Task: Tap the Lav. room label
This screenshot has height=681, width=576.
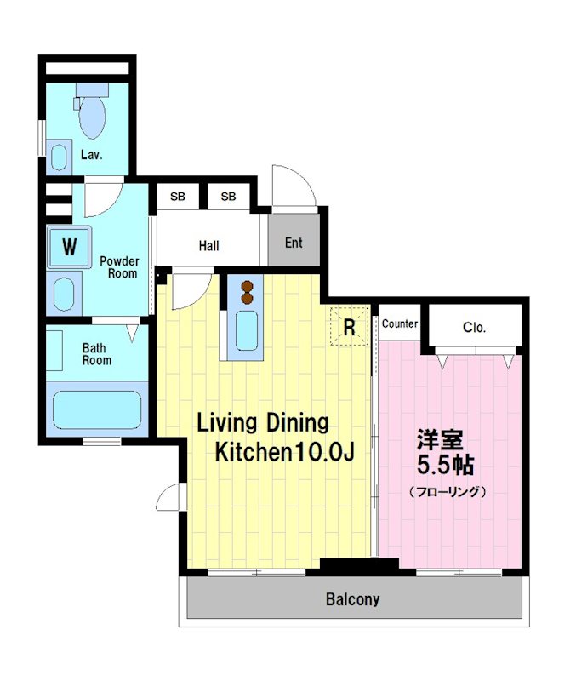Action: coord(91,155)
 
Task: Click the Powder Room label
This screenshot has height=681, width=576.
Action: coord(118,267)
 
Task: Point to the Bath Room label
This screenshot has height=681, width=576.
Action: coord(96,354)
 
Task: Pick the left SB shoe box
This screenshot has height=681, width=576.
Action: coord(177,197)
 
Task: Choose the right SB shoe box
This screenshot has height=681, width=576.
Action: coord(228,197)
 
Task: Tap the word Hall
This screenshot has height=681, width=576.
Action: coord(208,246)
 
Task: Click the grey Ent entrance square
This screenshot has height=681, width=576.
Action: coord(294,243)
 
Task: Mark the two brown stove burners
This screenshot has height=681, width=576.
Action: coord(248,292)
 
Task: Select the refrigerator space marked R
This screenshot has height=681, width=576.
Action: coord(349,327)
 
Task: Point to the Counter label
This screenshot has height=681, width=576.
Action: coord(400,324)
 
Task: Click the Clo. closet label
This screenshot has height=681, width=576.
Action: coord(475,326)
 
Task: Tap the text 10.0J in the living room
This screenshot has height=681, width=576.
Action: coord(324,452)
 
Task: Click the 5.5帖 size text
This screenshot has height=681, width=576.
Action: coord(444,466)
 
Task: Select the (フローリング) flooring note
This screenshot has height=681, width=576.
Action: coord(447,491)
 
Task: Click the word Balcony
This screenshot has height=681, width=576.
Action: coord(352,599)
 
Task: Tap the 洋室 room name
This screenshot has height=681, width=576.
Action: coord(439,440)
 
